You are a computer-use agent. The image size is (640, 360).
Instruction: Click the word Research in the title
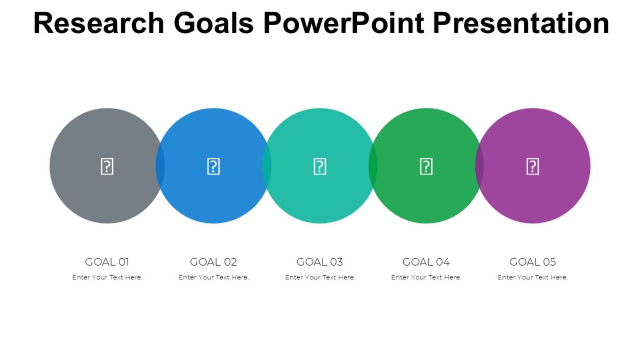point(99,23)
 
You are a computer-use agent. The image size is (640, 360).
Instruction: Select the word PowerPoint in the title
point(343,23)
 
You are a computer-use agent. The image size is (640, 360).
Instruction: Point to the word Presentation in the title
point(521,23)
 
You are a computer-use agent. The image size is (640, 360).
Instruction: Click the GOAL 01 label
point(107,262)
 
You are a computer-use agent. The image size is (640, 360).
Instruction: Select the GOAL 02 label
point(213,262)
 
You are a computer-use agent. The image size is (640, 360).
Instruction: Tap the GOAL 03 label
point(319,262)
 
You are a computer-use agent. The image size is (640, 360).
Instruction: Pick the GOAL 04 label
point(426,262)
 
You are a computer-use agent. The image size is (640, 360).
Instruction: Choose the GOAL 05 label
point(533,262)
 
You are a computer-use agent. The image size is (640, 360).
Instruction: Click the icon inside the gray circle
point(107,166)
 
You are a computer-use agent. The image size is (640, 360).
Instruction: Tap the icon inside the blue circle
point(213,166)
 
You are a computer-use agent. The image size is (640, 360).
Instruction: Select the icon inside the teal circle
point(319,166)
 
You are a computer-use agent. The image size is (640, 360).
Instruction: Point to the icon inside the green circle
point(426,166)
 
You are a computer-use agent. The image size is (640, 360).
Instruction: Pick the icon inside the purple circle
point(533,166)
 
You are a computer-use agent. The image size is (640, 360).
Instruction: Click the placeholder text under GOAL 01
point(107,277)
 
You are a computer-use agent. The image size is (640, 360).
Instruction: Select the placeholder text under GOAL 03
point(320,277)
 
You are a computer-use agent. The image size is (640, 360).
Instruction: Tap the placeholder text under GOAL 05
point(533,277)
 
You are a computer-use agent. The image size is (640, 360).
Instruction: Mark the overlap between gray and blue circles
point(160,166)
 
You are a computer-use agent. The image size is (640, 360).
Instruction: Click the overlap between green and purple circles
point(479,166)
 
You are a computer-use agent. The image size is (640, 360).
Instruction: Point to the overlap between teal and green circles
point(373,166)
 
